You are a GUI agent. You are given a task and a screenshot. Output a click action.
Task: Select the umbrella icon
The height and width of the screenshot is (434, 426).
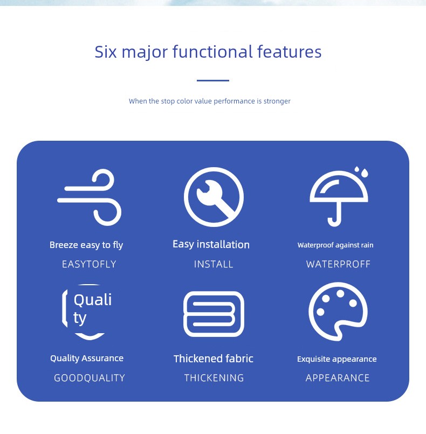(339, 198)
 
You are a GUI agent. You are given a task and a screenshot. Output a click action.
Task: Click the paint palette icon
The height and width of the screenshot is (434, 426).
(338, 312)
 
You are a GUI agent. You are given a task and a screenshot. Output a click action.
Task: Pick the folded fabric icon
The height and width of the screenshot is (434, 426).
(214, 314)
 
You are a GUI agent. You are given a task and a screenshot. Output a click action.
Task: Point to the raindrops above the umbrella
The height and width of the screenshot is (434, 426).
(362, 171)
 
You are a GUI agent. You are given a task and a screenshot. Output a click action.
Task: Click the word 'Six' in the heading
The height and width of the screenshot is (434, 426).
(106, 52)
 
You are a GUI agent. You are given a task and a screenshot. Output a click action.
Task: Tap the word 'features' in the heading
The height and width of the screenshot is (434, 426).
(289, 52)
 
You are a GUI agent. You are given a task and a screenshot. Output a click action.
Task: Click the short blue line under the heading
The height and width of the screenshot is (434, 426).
(213, 80)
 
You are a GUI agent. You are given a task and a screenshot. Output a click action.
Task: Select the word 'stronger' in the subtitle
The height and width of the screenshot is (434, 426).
(277, 101)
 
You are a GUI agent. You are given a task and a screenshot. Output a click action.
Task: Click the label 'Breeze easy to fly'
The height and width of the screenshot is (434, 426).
(86, 245)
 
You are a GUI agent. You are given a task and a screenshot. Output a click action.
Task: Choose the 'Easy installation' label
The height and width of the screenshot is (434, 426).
(211, 245)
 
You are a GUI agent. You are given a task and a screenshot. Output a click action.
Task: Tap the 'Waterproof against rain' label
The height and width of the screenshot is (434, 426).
(335, 245)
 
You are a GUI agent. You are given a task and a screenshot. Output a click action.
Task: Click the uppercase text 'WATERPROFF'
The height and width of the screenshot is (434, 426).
(338, 264)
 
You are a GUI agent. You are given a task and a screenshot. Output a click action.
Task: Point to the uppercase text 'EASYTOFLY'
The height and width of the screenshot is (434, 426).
(89, 264)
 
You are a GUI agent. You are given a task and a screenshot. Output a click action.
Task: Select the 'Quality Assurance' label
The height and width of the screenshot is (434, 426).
(87, 359)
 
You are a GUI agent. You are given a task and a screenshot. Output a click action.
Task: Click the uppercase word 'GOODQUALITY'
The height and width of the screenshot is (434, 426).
(90, 378)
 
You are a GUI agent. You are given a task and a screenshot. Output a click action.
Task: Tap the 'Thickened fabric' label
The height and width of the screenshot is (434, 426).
(214, 359)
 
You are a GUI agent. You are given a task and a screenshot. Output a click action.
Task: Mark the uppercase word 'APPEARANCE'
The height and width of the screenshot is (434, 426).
(338, 378)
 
